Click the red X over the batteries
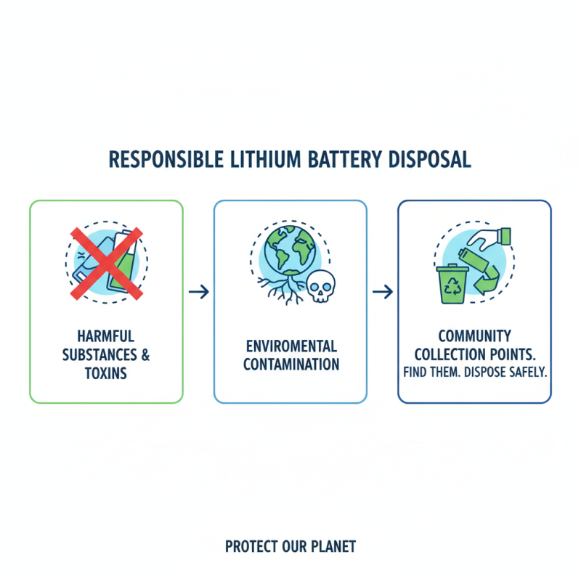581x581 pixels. pyautogui.click(x=106, y=262)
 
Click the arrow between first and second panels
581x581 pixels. pyautogui.click(x=198, y=292)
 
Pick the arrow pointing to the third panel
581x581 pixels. pyautogui.click(x=382, y=292)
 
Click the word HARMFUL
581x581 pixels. pyautogui.click(x=106, y=337)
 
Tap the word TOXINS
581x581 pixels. pyautogui.click(x=106, y=373)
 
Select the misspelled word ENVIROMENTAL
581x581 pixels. pyautogui.click(x=290, y=346)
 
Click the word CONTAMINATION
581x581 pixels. pyautogui.click(x=290, y=364)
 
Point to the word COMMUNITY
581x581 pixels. pyautogui.click(x=474, y=336)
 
